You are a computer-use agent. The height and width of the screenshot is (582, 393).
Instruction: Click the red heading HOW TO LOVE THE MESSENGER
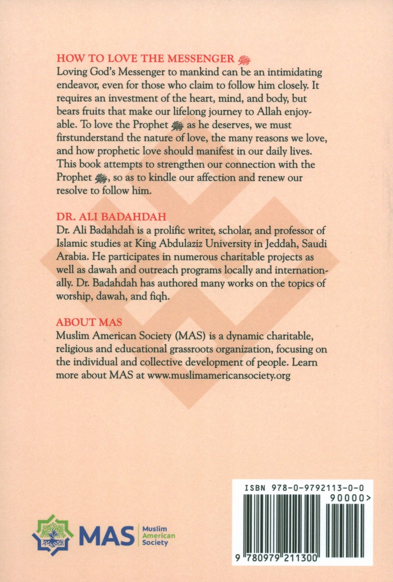(x=145, y=59)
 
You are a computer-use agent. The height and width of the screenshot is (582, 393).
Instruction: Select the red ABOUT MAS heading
(x=89, y=322)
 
